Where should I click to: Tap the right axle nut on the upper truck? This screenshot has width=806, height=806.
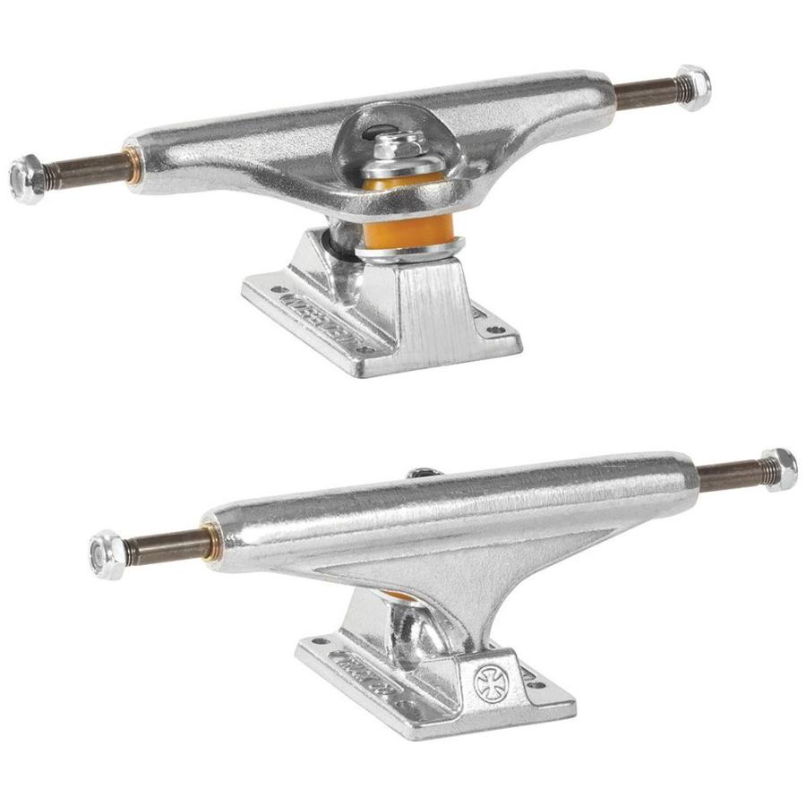pyautogui.click(x=693, y=85)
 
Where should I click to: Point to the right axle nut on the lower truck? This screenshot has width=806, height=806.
pyautogui.click(x=778, y=469)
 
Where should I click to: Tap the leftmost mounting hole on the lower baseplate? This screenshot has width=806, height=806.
pyautogui.click(x=312, y=641)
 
